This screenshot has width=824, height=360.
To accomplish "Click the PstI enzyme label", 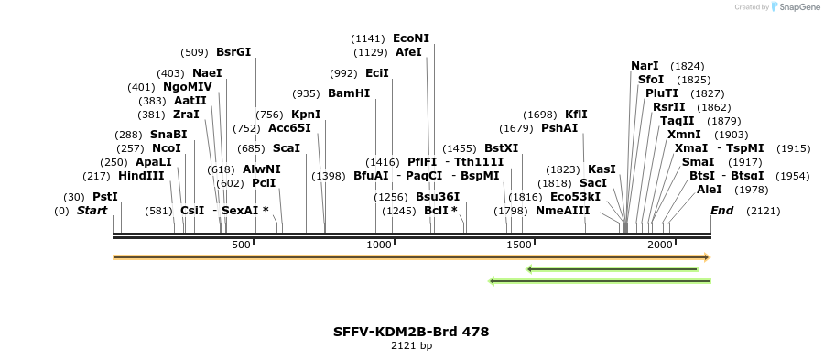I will click(x=105, y=197).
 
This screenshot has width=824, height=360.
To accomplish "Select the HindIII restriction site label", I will click(x=141, y=176).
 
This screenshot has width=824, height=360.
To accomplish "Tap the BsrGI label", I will click(x=233, y=52).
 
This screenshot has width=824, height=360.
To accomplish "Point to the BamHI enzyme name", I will click(x=349, y=93).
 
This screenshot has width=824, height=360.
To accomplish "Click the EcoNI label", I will click(x=410, y=38).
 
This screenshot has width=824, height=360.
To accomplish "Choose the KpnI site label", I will click(x=306, y=115).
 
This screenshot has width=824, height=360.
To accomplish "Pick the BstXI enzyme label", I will click(x=501, y=148).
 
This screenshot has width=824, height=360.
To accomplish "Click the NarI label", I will click(x=645, y=66).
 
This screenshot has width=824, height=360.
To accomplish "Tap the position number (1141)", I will click(x=369, y=38).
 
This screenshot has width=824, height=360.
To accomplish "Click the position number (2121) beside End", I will click(x=764, y=211).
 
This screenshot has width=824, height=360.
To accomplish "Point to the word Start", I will click(x=92, y=211).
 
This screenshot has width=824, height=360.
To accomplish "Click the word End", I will click(x=721, y=211).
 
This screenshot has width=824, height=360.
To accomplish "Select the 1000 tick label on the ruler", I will click(x=378, y=245).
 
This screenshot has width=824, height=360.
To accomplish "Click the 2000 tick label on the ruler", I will click(x=660, y=245).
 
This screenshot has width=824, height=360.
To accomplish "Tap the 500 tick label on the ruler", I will click(x=241, y=245).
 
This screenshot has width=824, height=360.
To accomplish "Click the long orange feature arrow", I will click(x=411, y=257).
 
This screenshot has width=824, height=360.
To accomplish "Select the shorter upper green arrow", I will click(x=613, y=269).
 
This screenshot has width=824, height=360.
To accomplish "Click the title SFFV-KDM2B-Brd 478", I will click(x=411, y=331).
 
